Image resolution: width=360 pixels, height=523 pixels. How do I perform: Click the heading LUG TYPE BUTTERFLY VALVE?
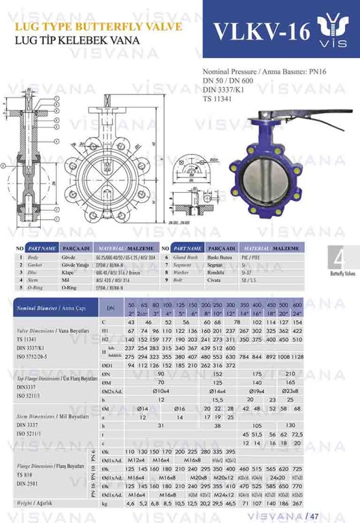(92, 27)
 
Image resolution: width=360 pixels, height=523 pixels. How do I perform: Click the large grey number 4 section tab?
(340, 259)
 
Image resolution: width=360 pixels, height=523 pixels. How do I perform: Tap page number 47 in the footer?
(314, 515)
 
